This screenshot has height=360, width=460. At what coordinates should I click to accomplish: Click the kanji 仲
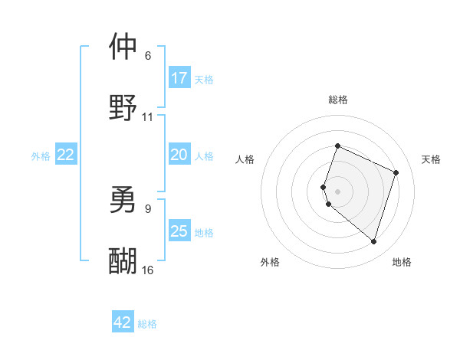point(123,47)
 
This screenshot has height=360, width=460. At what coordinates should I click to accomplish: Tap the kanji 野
point(123,108)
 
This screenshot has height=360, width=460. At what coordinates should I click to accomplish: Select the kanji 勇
point(123,199)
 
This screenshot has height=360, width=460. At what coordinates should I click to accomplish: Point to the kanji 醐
point(123,260)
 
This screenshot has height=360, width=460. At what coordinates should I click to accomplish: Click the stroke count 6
point(148,56)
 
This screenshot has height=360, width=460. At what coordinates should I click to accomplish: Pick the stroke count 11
point(148,117)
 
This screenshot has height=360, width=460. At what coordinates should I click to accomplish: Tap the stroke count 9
point(148,208)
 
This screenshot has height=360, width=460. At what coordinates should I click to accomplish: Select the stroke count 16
point(148,270)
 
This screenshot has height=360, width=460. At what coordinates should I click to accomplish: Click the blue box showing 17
point(179,78)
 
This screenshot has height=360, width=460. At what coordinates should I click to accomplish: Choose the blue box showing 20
point(179,155)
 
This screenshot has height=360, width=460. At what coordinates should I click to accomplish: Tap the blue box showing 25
point(179,231)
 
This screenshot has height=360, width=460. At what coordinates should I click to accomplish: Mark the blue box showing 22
point(66,155)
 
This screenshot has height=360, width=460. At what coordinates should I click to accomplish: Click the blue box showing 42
point(123,322)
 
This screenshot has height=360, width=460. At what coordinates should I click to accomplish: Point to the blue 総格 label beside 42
point(147,324)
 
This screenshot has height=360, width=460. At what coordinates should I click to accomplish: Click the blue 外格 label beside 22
point(41,156)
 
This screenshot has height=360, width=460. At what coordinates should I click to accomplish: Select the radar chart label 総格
point(337,100)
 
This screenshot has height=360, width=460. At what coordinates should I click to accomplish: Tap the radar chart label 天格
point(431,159)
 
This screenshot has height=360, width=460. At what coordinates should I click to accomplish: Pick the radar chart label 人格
point(245,159)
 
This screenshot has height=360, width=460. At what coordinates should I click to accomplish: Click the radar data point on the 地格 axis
point(373,241)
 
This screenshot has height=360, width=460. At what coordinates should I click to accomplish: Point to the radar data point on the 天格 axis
point(396,172)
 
